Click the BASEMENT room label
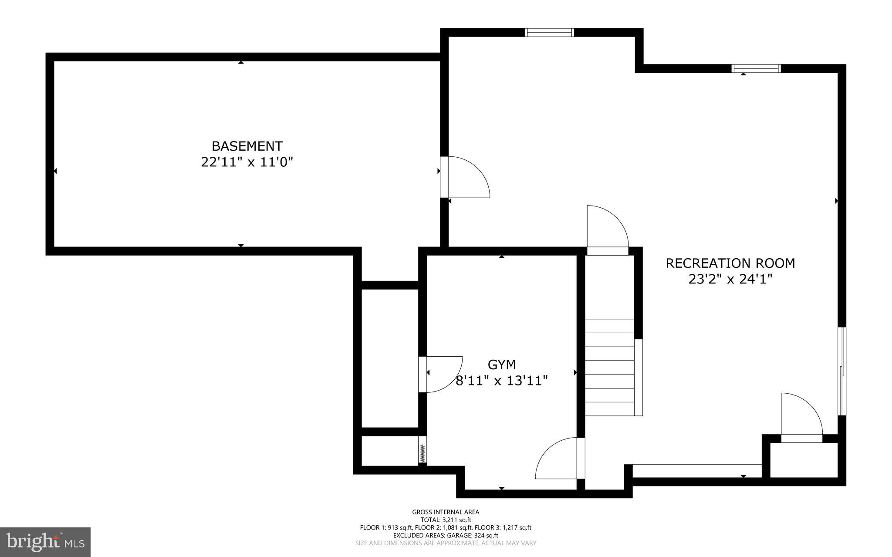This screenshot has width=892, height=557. coord(247,146)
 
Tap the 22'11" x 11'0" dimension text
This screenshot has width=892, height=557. coord(247,162)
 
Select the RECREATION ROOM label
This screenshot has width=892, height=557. coord(730,263)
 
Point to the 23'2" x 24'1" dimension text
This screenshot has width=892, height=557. coord(730,279)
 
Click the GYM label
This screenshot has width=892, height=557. coord(502,365)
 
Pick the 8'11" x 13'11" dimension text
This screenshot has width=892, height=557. coord(502,381)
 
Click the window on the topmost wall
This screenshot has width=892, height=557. coord(549,32)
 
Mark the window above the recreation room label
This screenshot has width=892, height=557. coord(756,68)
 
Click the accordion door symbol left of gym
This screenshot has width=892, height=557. coord(422,453)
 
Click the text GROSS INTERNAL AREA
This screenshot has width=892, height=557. coord(446,512)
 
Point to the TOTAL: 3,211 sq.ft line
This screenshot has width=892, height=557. coord(446,520)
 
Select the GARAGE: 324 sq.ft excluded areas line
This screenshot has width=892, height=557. coord(446,535)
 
